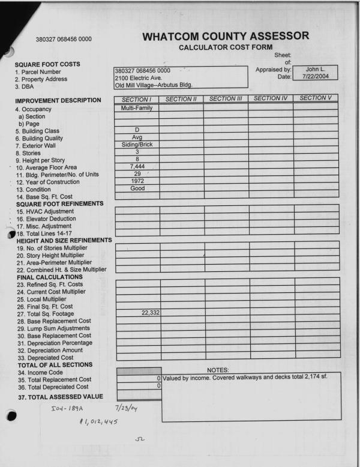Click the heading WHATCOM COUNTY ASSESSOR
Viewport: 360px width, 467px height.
(226, 36)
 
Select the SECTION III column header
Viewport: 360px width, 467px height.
(226, 98)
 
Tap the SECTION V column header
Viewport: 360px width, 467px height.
(316, 98)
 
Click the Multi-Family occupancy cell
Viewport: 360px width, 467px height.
(137, 108)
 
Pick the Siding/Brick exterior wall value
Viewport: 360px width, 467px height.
(137, 144)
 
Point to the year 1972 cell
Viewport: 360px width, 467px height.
(137, 181)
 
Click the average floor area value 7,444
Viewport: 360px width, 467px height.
(137, 166)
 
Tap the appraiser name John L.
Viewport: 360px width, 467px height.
(315, 69)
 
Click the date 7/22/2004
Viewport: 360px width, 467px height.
(315, 77)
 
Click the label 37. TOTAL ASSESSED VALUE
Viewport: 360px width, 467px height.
(60, 397)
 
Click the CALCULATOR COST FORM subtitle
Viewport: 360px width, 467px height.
(226, 47)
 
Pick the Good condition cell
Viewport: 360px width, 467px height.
(137, 188)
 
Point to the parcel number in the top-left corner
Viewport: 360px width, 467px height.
(64, 40)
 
